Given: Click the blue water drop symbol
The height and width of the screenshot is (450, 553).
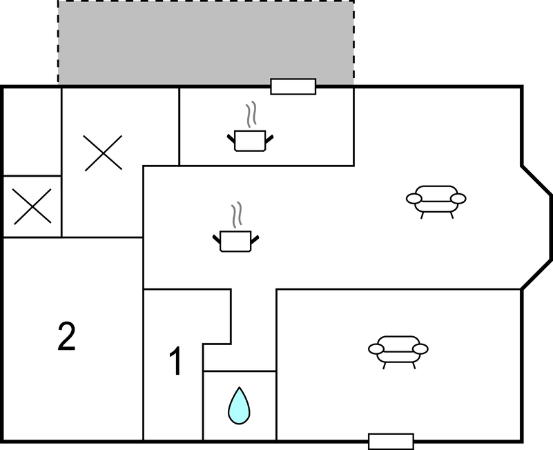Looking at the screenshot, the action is [239, 407].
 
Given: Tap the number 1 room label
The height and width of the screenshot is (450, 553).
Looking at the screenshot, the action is [175, 361].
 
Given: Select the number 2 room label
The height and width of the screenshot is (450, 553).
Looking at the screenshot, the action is [67, 336].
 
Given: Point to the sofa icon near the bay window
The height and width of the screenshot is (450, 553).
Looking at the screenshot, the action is [436, 202].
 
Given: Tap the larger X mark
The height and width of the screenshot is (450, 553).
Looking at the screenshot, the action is [103, 153].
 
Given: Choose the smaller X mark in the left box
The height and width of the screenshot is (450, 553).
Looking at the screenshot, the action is [32, 206].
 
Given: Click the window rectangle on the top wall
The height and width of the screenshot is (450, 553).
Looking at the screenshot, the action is [293, 86].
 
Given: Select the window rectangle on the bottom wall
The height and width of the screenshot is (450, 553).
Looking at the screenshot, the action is [391, 442].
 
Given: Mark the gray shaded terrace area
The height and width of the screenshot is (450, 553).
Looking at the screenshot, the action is [206, 42].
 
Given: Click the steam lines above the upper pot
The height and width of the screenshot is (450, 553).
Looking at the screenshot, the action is [251, 115].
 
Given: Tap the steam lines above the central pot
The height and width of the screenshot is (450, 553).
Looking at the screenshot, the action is [237, 215].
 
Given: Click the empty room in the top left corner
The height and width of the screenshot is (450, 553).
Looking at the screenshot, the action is [32, 132].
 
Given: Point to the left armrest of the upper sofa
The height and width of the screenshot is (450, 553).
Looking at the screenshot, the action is [414, 199].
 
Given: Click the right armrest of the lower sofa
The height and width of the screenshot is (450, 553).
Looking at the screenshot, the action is [420, 349].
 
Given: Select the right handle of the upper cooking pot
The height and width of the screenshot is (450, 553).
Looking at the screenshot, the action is [269, 139].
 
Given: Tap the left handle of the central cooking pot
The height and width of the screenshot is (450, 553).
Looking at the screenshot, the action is [217, 239].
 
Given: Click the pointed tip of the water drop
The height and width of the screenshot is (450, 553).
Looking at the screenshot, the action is [240, 387].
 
